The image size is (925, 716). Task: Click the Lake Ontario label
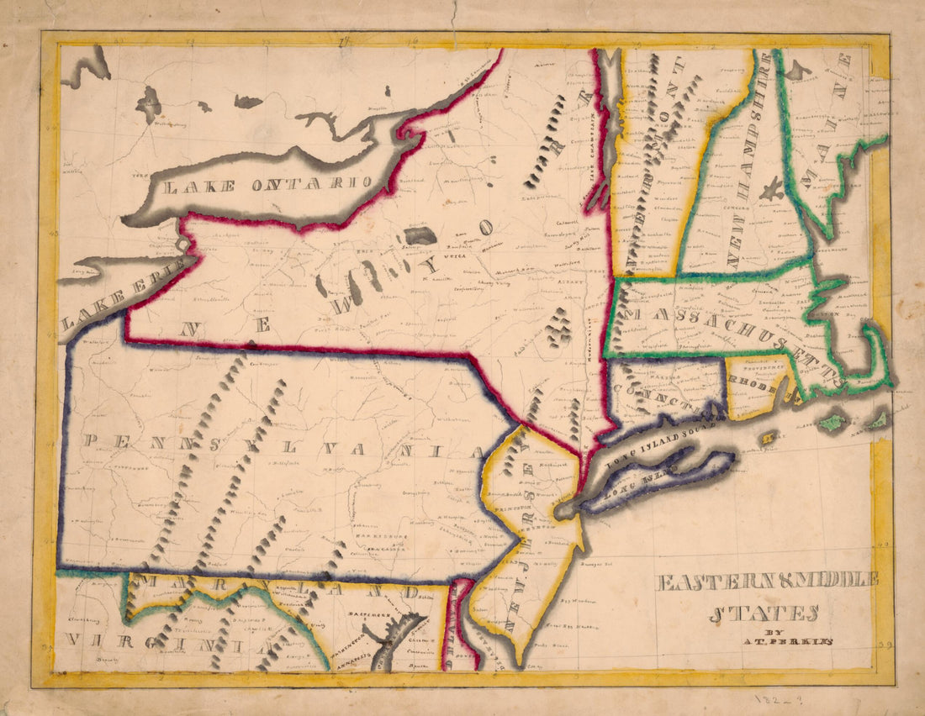coord(267,185)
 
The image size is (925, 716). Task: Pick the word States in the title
coord(764,613)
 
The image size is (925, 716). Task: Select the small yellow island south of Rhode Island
coord(767,437)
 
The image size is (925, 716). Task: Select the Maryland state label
coord(277,588)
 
